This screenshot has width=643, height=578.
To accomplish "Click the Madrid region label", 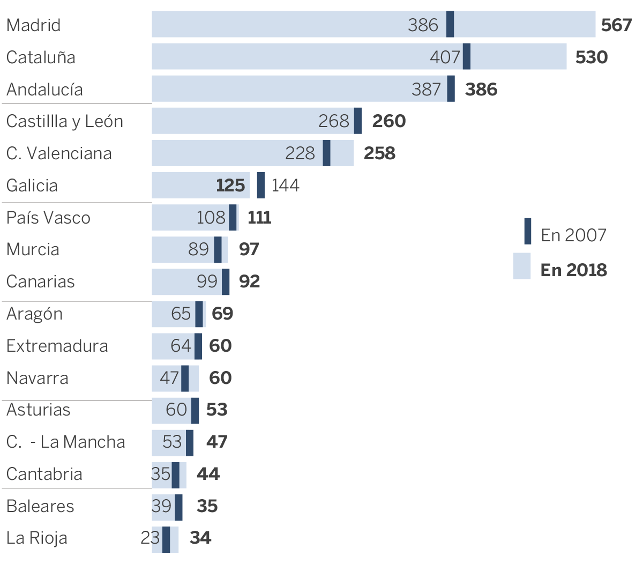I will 33,25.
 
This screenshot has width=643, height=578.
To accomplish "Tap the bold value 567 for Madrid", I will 616,25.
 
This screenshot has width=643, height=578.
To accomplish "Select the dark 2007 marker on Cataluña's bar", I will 467,56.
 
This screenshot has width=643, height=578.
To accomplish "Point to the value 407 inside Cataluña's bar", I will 445,57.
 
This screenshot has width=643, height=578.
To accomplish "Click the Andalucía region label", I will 44,89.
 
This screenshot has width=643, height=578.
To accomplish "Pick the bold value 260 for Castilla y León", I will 389,121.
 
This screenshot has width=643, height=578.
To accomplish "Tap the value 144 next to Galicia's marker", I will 285,186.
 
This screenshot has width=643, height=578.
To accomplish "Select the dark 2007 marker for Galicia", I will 261,185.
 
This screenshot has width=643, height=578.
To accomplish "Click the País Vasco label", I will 48,218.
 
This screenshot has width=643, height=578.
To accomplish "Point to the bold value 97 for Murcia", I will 249,249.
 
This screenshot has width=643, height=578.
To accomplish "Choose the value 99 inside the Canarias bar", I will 207,281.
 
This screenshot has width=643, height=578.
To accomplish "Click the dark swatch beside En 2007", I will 528,232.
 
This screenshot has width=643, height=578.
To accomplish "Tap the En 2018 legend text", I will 573,270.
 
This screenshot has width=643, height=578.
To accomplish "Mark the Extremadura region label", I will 57,346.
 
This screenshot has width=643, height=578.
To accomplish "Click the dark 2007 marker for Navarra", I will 185,378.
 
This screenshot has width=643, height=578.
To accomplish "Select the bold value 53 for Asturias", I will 217,410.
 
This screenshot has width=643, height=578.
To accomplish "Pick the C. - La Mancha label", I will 65,442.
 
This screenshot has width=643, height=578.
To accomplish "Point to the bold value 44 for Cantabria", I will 208,474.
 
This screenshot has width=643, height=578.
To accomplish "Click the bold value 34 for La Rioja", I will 200,538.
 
